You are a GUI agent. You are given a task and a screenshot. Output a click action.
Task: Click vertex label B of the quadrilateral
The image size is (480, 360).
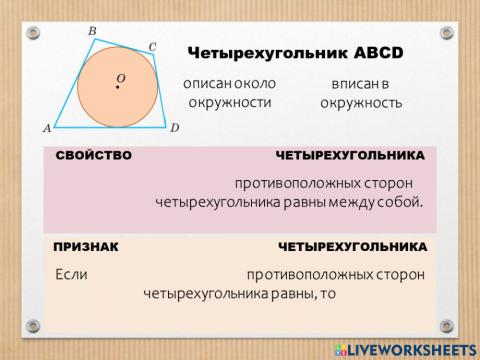click(x=92, y=32)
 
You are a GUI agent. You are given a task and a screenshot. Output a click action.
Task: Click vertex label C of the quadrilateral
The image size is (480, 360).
click(x=152, y=46)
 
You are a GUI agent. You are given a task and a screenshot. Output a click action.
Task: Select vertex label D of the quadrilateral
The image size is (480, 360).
click(x=174, y=128)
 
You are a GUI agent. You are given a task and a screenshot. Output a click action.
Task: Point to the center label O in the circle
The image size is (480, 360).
click(x=120, y=77)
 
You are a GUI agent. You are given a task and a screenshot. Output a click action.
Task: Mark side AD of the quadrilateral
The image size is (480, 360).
click(x=110, y=127)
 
